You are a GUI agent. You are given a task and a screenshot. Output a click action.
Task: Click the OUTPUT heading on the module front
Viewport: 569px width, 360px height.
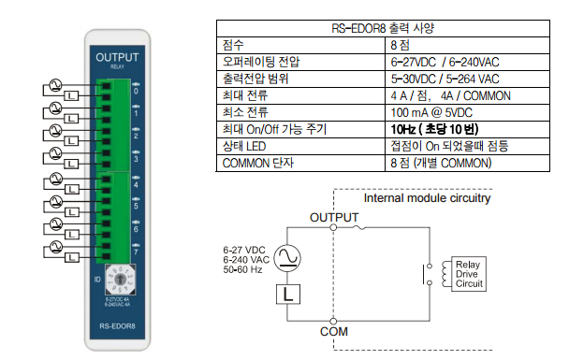click(117, 57)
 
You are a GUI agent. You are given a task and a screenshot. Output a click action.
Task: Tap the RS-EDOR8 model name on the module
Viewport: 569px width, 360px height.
click(117, 326)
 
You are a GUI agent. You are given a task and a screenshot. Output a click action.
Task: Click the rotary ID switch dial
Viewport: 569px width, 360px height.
click(120, 280)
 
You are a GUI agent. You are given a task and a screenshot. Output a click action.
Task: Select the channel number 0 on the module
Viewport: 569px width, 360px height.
click(136, 91)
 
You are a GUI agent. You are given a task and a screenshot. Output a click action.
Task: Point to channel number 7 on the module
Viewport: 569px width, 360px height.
click(136, 252)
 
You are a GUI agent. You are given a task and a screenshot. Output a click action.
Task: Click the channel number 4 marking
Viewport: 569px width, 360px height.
click(136, 185)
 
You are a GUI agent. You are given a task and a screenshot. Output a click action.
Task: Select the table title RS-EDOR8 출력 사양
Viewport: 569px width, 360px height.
click(383, 28)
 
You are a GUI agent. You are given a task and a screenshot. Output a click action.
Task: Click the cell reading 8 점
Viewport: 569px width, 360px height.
click(400, 45)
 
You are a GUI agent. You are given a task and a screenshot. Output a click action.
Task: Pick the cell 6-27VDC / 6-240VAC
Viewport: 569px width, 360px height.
click(445, 62)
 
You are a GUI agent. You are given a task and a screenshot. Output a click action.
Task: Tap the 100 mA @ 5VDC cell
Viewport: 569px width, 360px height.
click(431, 112)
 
